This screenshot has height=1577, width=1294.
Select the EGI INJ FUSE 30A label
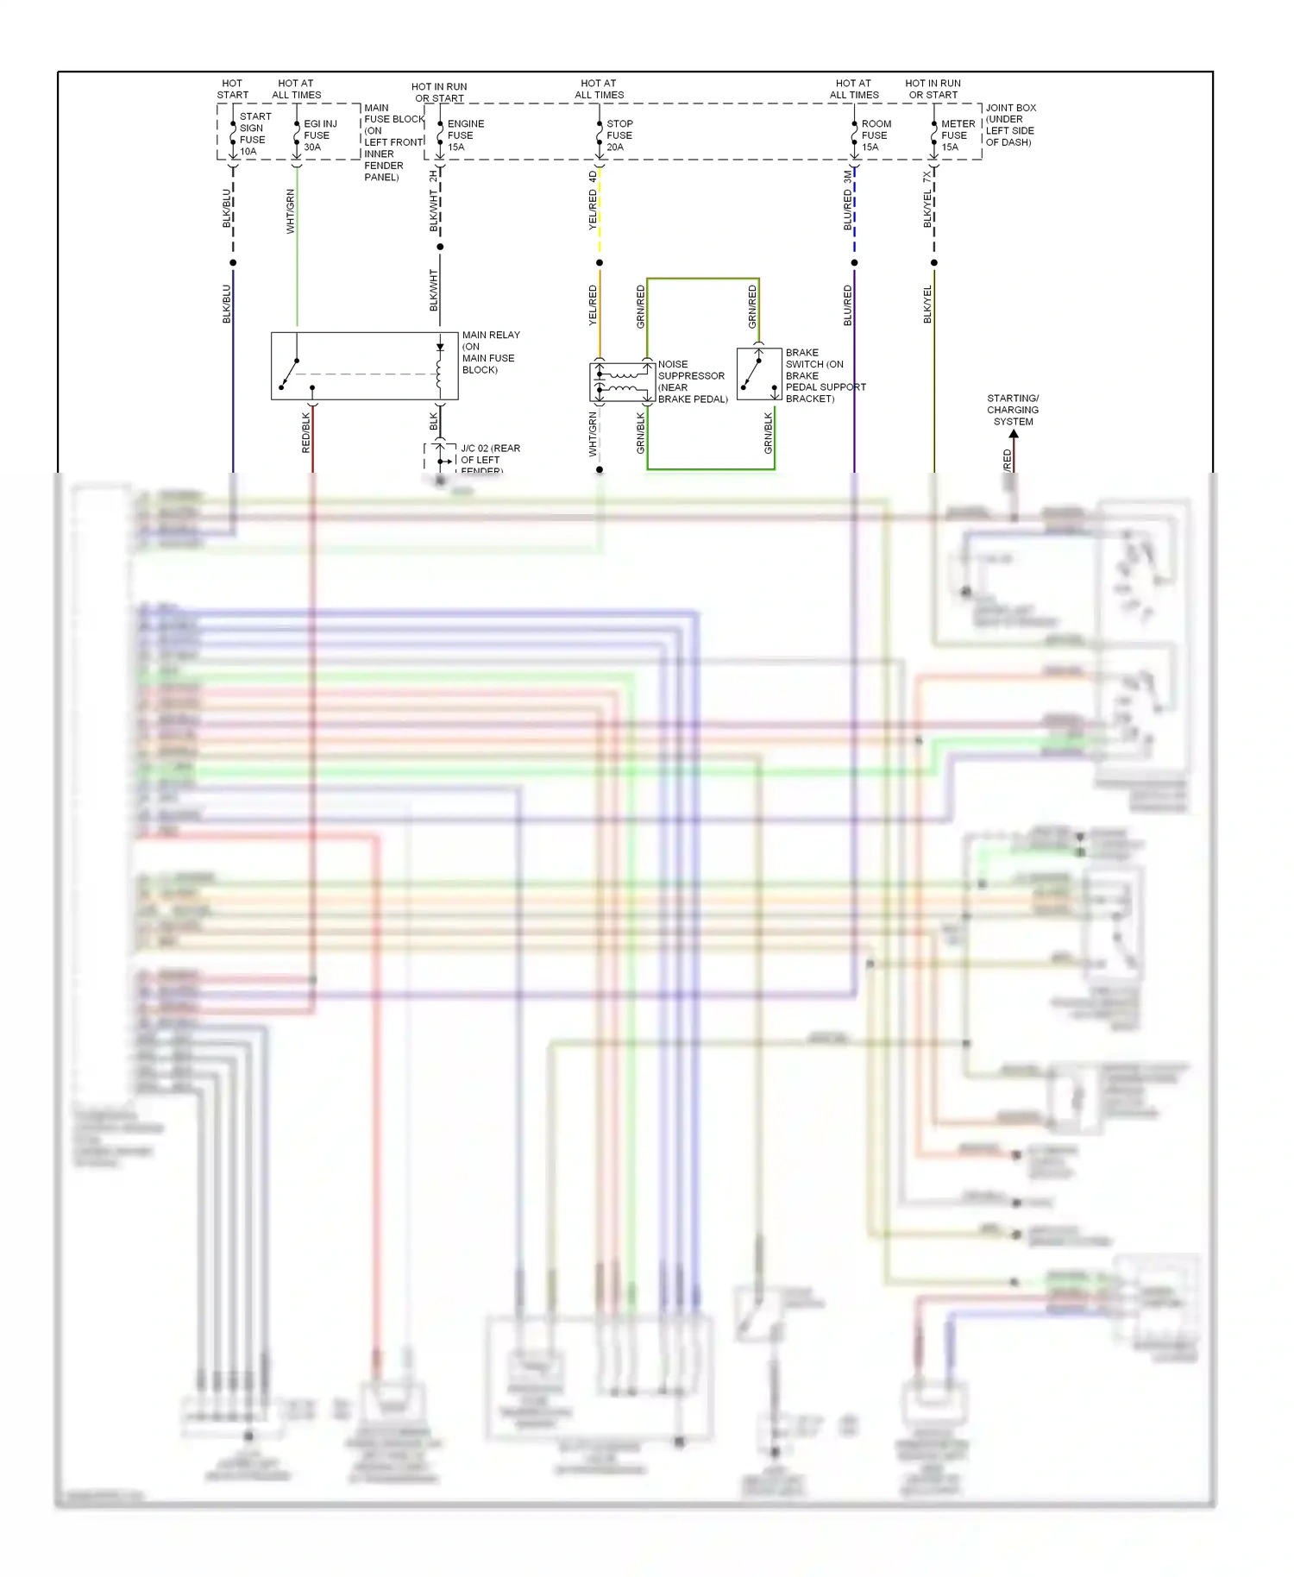[319, 135]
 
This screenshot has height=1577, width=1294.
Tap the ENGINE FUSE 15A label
[464, 135]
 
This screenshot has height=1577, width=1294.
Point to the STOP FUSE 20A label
[619, 135]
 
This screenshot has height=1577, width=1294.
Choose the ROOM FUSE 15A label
[875, 135]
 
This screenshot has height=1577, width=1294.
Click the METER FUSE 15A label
[957, 135]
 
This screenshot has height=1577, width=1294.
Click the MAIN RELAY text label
[491, 335]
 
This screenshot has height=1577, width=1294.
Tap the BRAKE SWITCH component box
[759, 374]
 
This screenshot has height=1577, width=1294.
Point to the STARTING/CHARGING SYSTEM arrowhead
[1014, 434]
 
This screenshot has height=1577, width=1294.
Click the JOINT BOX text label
[1010, 108]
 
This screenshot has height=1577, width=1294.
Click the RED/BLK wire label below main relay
[305, 432]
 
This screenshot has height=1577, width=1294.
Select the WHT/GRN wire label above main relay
[291, 211]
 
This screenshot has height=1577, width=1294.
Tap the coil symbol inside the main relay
[439, 374]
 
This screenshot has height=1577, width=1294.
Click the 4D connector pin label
[593, 176]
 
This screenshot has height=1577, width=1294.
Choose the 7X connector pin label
[927, 176]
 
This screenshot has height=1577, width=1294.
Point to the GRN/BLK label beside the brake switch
[768, 433]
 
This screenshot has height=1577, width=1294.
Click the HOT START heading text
[232, 89]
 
